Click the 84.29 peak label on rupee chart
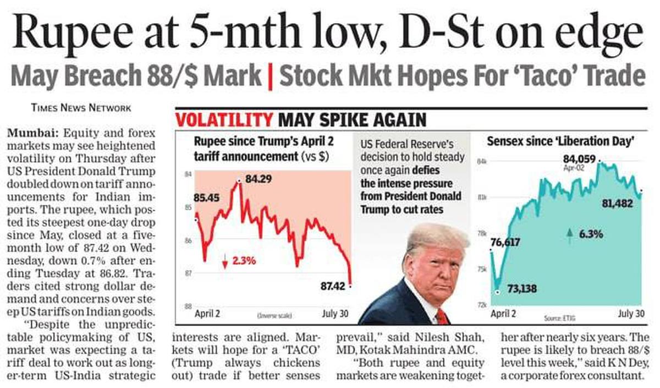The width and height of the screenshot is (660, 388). point(256,180)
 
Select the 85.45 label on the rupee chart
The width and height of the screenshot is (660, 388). point(206,198)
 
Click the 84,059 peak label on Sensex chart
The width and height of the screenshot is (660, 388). point(579,159)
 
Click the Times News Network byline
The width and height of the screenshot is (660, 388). point(81,107)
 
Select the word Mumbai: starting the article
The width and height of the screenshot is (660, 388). point(34,133)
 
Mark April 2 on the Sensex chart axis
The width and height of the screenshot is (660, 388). point(503,314)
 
